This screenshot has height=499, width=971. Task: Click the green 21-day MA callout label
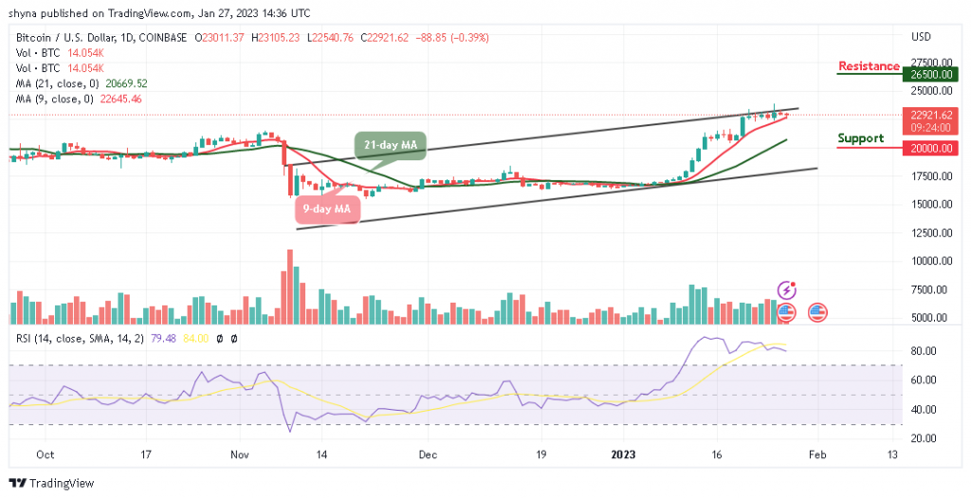391,145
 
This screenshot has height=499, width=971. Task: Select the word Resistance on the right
869,66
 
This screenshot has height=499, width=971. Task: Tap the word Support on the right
860,139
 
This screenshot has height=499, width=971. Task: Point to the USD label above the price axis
920,38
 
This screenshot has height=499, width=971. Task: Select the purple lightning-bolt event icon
786,289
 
